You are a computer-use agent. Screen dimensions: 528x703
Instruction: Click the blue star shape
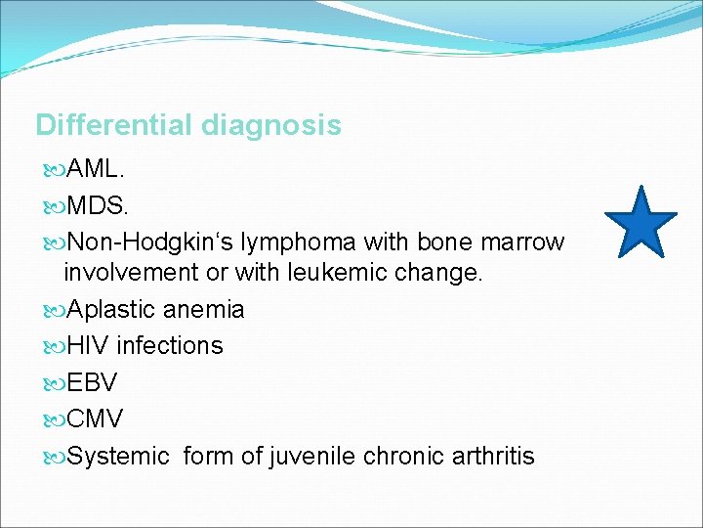click(641, 224)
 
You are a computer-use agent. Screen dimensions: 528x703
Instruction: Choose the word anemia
click(204, 310)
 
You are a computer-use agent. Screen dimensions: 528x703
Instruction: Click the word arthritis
click(492, 456)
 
